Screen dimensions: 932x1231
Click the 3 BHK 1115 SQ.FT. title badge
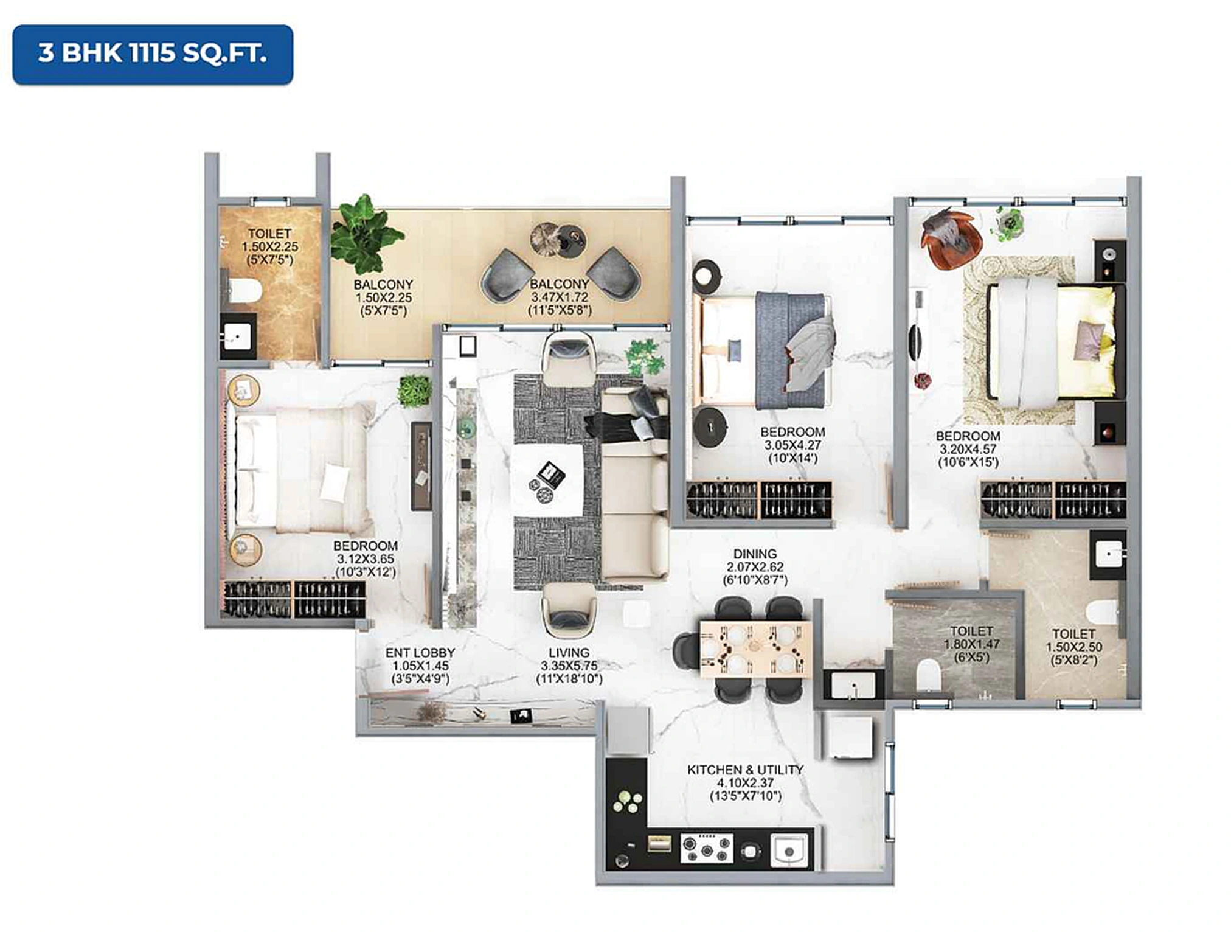(x=152, y=54)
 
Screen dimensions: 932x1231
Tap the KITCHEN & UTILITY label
(x=745, y=770)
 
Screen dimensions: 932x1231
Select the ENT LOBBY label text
(x=420, y=653)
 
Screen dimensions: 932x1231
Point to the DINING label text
(x=755, y=554)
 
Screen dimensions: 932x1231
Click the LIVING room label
(x=569, y=653)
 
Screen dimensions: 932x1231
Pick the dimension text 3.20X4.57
(x=968, y=449)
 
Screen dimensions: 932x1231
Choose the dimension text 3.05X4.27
(x=792, y=445)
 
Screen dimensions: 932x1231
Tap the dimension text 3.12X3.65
(x=366, y=558)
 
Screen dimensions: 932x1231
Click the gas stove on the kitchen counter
(x=706, y=848)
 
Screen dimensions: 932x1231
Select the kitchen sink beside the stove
(x=790, y=849)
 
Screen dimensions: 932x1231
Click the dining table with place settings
(x=755, y=649)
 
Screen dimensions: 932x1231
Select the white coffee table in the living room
(x=547, y=481)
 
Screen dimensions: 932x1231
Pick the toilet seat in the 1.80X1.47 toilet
(x=928, y=675)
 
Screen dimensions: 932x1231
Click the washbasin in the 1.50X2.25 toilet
(x=238, y=335)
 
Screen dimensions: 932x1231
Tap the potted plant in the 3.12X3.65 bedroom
(x=414, y=391)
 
